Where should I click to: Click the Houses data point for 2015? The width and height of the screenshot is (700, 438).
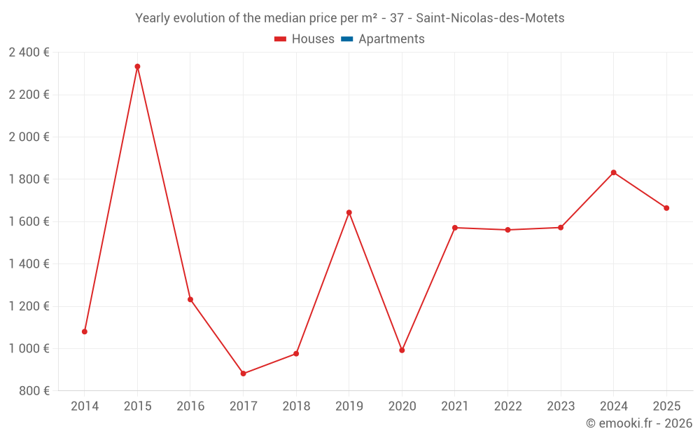click(x=137, y=67)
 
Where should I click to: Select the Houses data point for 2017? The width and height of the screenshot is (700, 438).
click(x=244, y=374)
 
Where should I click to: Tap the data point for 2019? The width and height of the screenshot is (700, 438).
click(x=349, y=212)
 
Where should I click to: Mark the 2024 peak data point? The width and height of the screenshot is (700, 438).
click(x=613, y=172)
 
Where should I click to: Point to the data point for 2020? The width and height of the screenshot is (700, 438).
click(x=402, y=350)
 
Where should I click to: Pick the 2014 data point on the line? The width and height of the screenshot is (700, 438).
click(x=85, y=331)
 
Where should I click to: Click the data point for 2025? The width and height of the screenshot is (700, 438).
click(x=666, y=208)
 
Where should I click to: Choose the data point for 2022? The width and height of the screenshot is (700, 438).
click(x=507, y=230)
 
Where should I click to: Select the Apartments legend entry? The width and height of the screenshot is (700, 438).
click(x=391, y=39)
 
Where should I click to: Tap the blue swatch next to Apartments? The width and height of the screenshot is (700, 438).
click(x=347, y=39)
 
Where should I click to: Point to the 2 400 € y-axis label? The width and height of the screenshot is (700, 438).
click(x=29, y=53)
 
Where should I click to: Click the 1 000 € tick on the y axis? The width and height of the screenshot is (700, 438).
click(x=29, y=348)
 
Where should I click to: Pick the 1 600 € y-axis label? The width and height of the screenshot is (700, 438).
click(x=29, y=221)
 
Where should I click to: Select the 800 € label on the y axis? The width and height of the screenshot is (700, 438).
click(x=33, y=391)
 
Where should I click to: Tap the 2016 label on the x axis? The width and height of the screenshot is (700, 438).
click(x=190, y=406)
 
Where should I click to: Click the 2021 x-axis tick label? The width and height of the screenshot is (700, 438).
click(x=455, y=406)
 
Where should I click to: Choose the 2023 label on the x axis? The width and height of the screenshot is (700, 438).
click(x=561, y=406)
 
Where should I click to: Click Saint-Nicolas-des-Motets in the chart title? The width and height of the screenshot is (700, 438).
click(x=490, y=18)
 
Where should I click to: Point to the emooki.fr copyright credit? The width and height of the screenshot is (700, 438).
click(x=638, y=423)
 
